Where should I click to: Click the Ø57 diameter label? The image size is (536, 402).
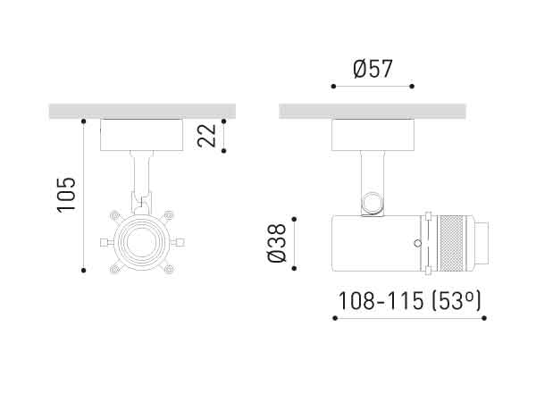point(373,68)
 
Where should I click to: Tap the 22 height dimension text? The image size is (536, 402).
point(206,135)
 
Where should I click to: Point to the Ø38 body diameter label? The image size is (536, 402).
point(277,242)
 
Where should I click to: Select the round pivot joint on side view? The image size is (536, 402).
point(373,204)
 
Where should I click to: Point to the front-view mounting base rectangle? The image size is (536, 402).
point(141,135)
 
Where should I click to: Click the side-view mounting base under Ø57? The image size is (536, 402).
point(373,135)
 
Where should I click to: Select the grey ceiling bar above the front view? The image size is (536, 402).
point(141,111)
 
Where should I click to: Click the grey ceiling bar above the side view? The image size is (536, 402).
point(373,111)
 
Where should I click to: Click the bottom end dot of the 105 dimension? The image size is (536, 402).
point(83,270)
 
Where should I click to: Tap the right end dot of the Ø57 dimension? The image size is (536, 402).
point(412,87)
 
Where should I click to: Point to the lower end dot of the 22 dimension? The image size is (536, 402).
point(223,150)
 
